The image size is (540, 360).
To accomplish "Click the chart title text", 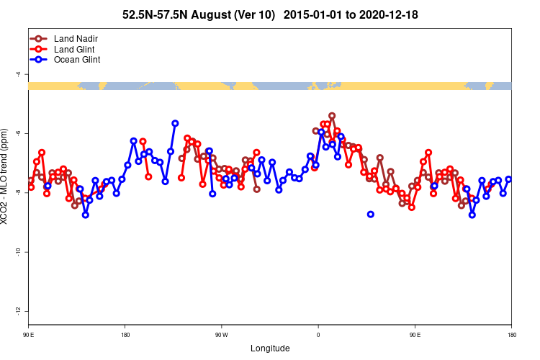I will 270,14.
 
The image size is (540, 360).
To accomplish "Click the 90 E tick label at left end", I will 29,335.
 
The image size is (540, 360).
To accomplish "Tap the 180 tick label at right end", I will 511,335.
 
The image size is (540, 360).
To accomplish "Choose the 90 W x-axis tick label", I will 221,335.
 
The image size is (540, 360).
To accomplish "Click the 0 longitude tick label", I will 318,335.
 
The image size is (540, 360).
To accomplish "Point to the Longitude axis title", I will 270,348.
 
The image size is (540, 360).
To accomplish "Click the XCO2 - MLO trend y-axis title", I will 6,183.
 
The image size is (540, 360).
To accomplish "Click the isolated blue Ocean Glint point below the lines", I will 371,214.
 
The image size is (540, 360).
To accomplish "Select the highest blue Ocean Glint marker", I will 175,123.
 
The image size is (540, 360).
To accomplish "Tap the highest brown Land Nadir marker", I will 332,115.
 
